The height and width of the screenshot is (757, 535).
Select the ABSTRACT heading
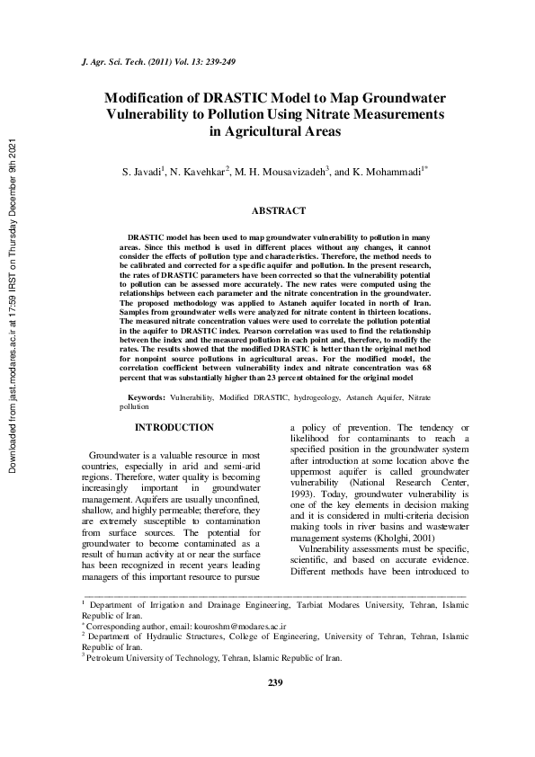279,210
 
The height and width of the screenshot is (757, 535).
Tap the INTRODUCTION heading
174,428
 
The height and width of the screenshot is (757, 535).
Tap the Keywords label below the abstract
147,396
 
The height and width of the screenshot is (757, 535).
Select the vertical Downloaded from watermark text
12,306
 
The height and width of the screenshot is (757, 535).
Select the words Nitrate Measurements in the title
370,114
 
